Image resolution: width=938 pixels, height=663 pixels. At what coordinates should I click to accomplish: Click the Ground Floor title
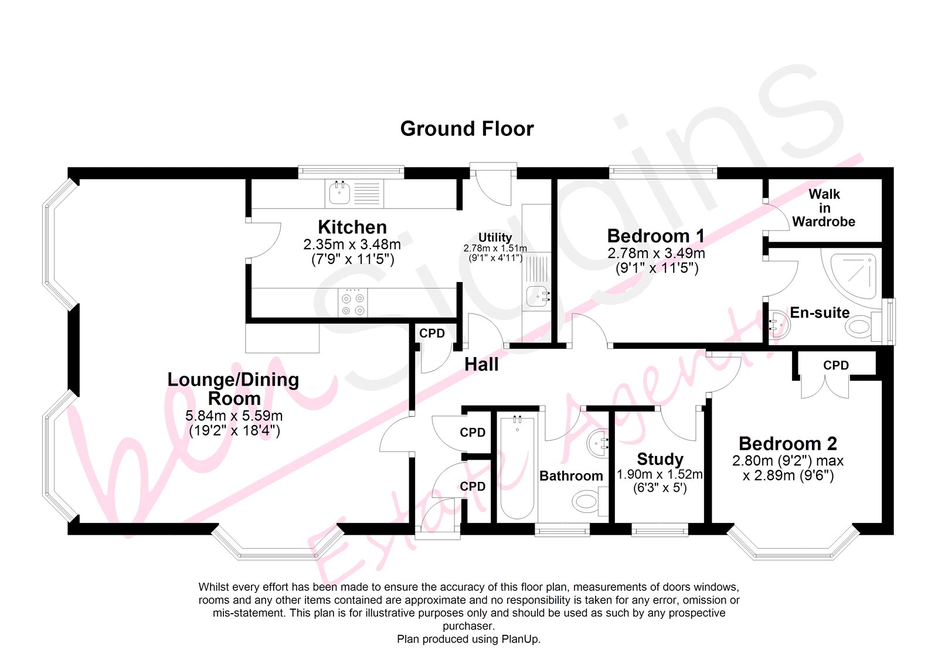pyautogui.click(x=467, y=128)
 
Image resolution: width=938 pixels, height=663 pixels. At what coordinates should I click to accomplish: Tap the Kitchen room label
pyautogui.click(x=352, y=227)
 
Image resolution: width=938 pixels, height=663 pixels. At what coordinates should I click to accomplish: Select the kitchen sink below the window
pyautogui.click(x=339, y=193)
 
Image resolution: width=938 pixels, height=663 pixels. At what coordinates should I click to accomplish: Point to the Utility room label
pyautogui.click(x=495, y=237)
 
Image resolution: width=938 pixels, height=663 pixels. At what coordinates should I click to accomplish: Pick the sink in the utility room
pyautogui.click(x=536, y=296)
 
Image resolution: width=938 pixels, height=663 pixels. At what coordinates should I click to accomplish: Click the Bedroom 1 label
pyautogui.click(x=656, y=236)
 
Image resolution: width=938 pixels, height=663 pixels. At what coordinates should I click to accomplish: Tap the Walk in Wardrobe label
pyautogui.click(x=824, y=208)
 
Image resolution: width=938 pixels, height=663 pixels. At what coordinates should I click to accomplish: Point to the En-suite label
pyautogui.click(x=820, y=312)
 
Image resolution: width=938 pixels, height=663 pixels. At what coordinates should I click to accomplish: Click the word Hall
pyautogui.click(x=481, y=365)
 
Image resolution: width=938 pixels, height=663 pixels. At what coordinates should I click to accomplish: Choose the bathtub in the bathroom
pyautogui.click(x=518, y=468)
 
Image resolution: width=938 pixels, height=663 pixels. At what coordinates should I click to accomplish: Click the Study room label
pyautogui.click(x=660, y=459)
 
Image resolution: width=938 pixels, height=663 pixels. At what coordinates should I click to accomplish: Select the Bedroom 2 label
pyautogui.click(x=788, y=444)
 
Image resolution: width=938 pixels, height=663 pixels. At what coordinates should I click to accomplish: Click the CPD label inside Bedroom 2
pyautogui.click(x=836, y=365)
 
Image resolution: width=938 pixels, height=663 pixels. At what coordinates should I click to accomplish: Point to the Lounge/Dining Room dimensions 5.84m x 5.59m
pyautogui.click(x=234, y=416)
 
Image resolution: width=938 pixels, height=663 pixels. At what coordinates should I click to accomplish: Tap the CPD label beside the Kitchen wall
pyautogui.click(x=431, y=334)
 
